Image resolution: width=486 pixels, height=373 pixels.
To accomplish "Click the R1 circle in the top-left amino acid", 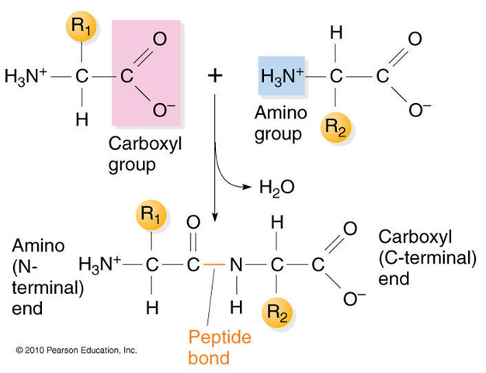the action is click(82, 26).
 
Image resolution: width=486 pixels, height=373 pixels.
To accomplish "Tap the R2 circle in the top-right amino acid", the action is click(335, 127).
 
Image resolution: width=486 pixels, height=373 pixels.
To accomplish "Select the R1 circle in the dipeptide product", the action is click(151, 215).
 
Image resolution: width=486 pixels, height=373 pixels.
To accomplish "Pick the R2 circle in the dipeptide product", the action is click(277, 313).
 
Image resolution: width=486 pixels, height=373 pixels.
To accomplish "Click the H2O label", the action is click(277, 187).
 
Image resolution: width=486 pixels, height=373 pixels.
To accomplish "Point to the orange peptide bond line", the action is click(214, 264).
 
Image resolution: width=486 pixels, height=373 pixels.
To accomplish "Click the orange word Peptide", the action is click(220, 337).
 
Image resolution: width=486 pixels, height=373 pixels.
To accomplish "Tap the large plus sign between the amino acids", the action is click(215, 76).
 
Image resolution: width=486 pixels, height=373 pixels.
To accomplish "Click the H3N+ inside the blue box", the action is click(282, 77).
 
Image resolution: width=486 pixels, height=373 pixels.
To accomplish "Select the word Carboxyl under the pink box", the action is click(145, 144).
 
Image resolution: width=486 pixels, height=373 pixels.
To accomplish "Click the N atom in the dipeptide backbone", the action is click(236, 265).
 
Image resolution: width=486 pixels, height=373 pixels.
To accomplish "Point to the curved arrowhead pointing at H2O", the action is click(247, 186).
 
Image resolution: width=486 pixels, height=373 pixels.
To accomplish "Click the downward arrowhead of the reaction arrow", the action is click(215, 218).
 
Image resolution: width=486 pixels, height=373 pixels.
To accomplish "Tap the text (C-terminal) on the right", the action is click(427, 257).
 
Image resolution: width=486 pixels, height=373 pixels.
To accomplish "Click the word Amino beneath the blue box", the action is click(281, 112).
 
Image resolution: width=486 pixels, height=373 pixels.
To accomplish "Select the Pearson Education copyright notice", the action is click(77, 350).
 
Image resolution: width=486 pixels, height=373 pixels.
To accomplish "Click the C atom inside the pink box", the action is click(127, 76).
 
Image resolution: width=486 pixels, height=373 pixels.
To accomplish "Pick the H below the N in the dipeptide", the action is click(236, 307).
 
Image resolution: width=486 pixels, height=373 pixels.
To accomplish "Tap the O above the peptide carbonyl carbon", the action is click(193, 223).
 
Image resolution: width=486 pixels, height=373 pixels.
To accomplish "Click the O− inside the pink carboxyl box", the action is click(163, 110).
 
